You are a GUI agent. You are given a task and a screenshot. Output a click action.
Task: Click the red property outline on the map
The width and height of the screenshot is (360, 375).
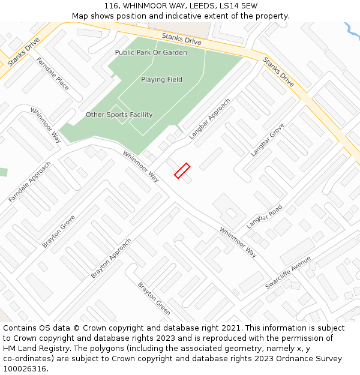pos(182,171)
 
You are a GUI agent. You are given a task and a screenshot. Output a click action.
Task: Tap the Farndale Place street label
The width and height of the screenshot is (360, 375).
pos(52,74)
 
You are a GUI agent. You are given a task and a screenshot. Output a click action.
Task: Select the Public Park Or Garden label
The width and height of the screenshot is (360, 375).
pos(151,53)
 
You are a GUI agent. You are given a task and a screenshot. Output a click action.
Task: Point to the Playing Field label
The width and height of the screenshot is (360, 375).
pos(161,80)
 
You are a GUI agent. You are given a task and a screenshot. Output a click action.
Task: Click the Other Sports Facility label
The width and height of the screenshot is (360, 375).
pos(119,115)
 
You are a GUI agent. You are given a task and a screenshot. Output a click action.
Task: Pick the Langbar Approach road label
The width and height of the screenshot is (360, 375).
pos(209,119)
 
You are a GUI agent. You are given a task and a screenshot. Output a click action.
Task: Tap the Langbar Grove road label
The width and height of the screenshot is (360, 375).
pos(268,140)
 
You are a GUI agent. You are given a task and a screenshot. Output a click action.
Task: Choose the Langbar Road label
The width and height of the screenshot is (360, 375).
pos(264,217)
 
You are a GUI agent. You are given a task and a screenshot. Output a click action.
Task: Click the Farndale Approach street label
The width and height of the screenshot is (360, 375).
pos(30,182)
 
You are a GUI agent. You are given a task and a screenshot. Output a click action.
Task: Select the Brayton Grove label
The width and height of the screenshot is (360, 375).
pos(59,231)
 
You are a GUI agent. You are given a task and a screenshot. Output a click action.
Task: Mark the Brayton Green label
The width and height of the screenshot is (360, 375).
pos(154,298)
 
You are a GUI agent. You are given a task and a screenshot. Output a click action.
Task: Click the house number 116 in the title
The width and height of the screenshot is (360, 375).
pos(111,6)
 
